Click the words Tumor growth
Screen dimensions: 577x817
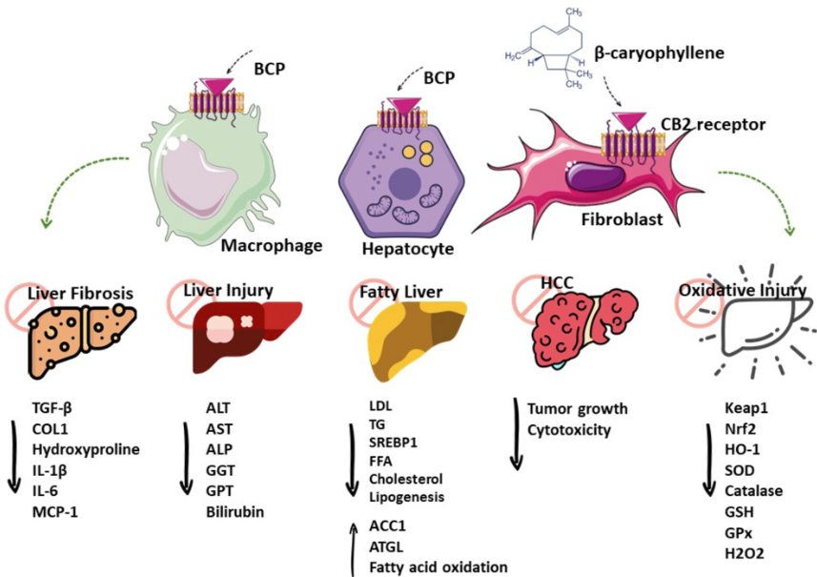point(578,409)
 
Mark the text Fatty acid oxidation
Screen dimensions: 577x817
point(439,567)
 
